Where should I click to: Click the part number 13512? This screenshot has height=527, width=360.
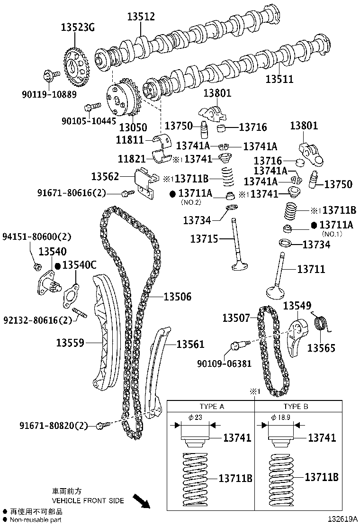click(x=141, y=17)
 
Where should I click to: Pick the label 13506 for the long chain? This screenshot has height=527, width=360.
click(x=178, y=297)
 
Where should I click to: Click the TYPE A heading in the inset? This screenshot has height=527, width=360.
click(x=212, y=406)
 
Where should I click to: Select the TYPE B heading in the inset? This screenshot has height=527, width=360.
click(x=296, y=406)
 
